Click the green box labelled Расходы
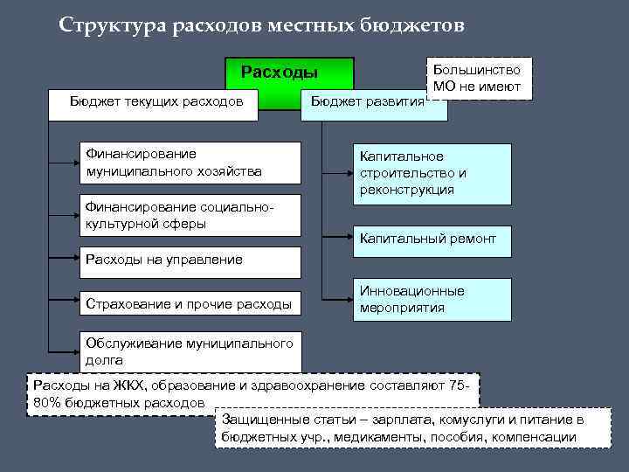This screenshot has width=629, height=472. coord(280,72)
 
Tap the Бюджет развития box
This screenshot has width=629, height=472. coord(367,102)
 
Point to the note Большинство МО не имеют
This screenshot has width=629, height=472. coord(480,78)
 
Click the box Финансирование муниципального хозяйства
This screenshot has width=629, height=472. coord(190,162)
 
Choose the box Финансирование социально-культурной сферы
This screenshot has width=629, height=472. coord(190,215)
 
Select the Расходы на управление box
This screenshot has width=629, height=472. coord(190,260)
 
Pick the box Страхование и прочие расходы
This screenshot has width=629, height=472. coord(190,304)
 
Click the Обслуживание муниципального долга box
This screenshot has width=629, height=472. coord(190,351)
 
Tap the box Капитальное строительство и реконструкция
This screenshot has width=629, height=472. coord(432,173)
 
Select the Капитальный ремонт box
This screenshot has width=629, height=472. coord(432,239)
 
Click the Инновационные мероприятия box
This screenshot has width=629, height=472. coord(432,299)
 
